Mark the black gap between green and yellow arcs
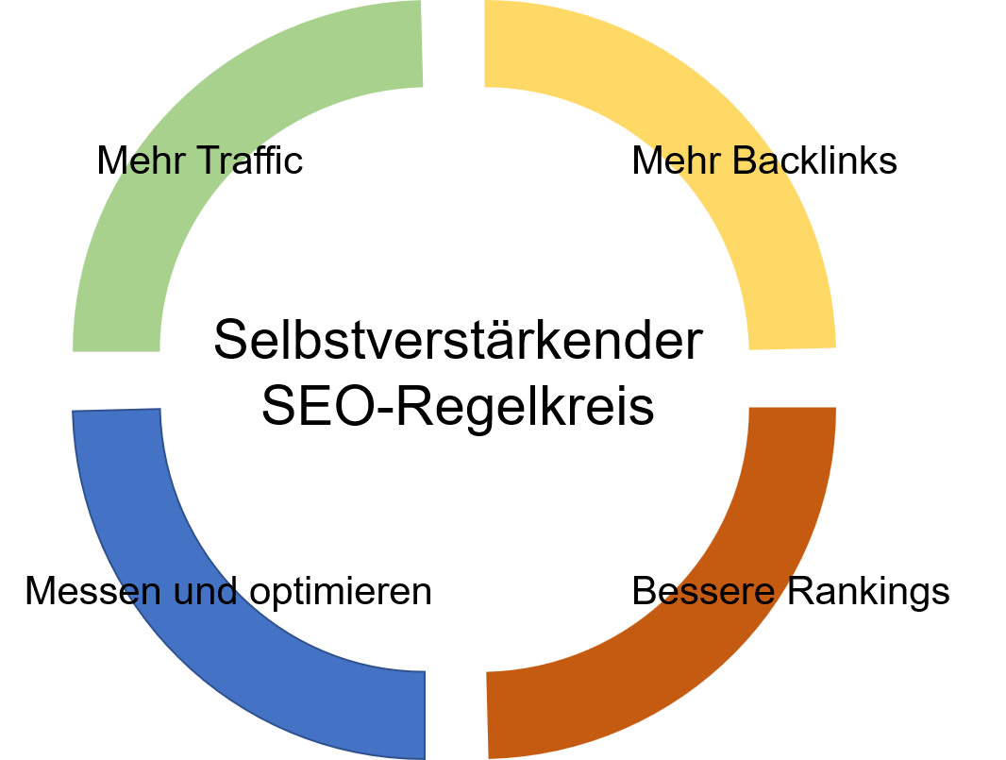pos(454,42)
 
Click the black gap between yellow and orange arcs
pos(793,379)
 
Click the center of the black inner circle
pos(454,380)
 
